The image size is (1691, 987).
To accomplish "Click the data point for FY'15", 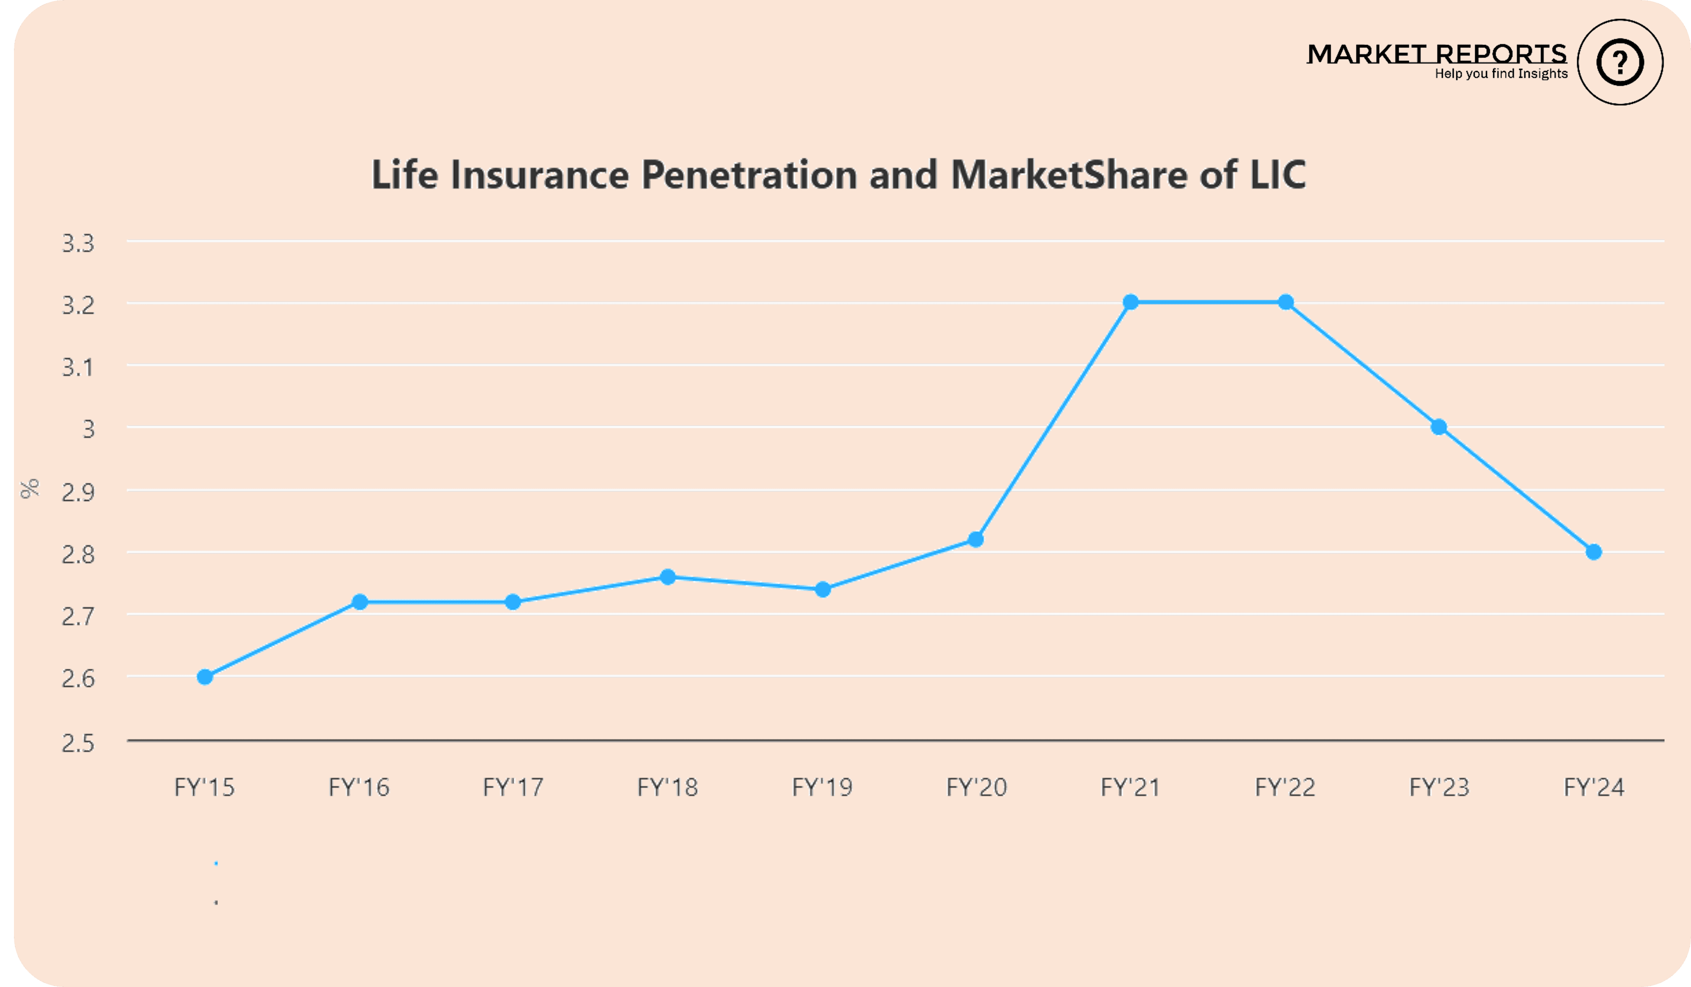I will [x=205, y=677].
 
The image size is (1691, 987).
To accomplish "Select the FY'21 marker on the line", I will [x=1131, y=302].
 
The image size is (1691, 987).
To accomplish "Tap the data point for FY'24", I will [x=1594, y=552].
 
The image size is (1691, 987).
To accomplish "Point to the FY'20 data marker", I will [x=976, y=539].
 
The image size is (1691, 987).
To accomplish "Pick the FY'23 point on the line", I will [x=1439, y=427].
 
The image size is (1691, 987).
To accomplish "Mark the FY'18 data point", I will [x=668, y=577].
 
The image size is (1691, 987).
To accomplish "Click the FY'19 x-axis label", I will [x=822, y=787].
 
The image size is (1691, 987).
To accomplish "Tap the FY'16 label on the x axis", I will [x=359, y=787].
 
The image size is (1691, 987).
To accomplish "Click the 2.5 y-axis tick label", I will [x=78, y=743].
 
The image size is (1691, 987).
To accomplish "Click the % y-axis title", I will [x=29, y=489].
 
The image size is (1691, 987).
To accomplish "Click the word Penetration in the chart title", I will [x=749, y=175].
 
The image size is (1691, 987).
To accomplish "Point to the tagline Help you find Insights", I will [x=1501, y=74].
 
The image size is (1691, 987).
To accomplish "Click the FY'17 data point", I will [x=513, y=602].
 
